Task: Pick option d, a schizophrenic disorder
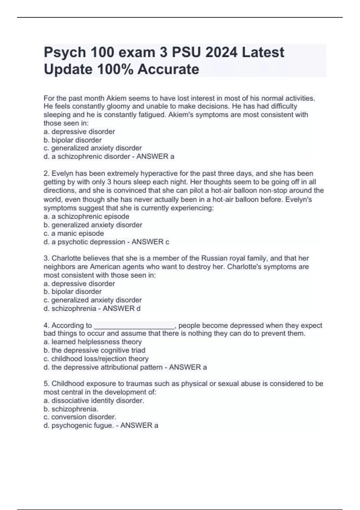click(x=87, y=156)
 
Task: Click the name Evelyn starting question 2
click(x=62, y=173)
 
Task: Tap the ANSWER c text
click(x=150, y=242)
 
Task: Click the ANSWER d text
click(x=121, y=308)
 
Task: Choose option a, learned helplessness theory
click(x=93, y=342)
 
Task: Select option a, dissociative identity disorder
click(x=94, y=400)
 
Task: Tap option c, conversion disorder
click(x=80, y=417)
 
